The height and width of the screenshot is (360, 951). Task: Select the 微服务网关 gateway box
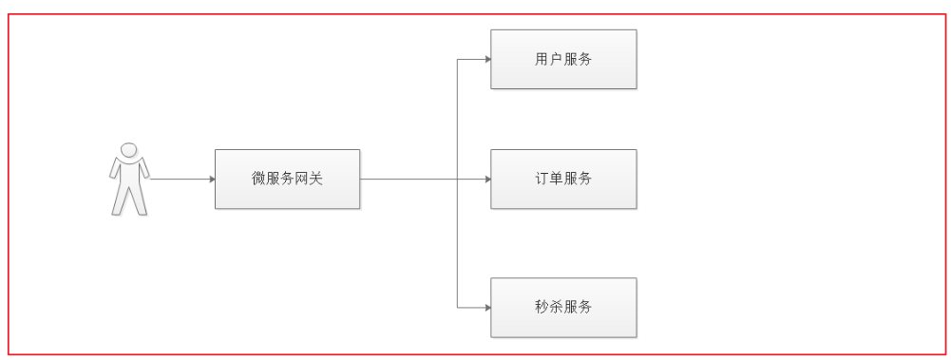pos(288,179)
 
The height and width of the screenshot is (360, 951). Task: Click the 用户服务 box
pos(563,60)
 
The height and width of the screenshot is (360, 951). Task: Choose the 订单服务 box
pos(563,179)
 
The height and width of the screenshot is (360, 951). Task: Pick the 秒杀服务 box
pos(563,307)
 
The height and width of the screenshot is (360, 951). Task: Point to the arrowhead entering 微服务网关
pos(211,179)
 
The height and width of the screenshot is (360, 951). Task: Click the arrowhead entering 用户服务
pos(486,60)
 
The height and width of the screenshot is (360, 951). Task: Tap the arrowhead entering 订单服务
pos(486,179)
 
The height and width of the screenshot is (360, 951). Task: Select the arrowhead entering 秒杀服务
pos(486,307)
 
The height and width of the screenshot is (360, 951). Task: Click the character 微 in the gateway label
pos(258,179)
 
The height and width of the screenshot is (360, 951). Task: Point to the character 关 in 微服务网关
pos(317,179)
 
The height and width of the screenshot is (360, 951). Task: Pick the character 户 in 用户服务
pos(556,60)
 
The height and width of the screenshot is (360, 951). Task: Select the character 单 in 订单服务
pos(556,179)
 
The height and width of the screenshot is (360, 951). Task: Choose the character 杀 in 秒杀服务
pos(556,307)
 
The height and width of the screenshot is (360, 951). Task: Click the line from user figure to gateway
pos(181,179)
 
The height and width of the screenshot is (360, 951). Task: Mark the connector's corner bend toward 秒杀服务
pos(458,307)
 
